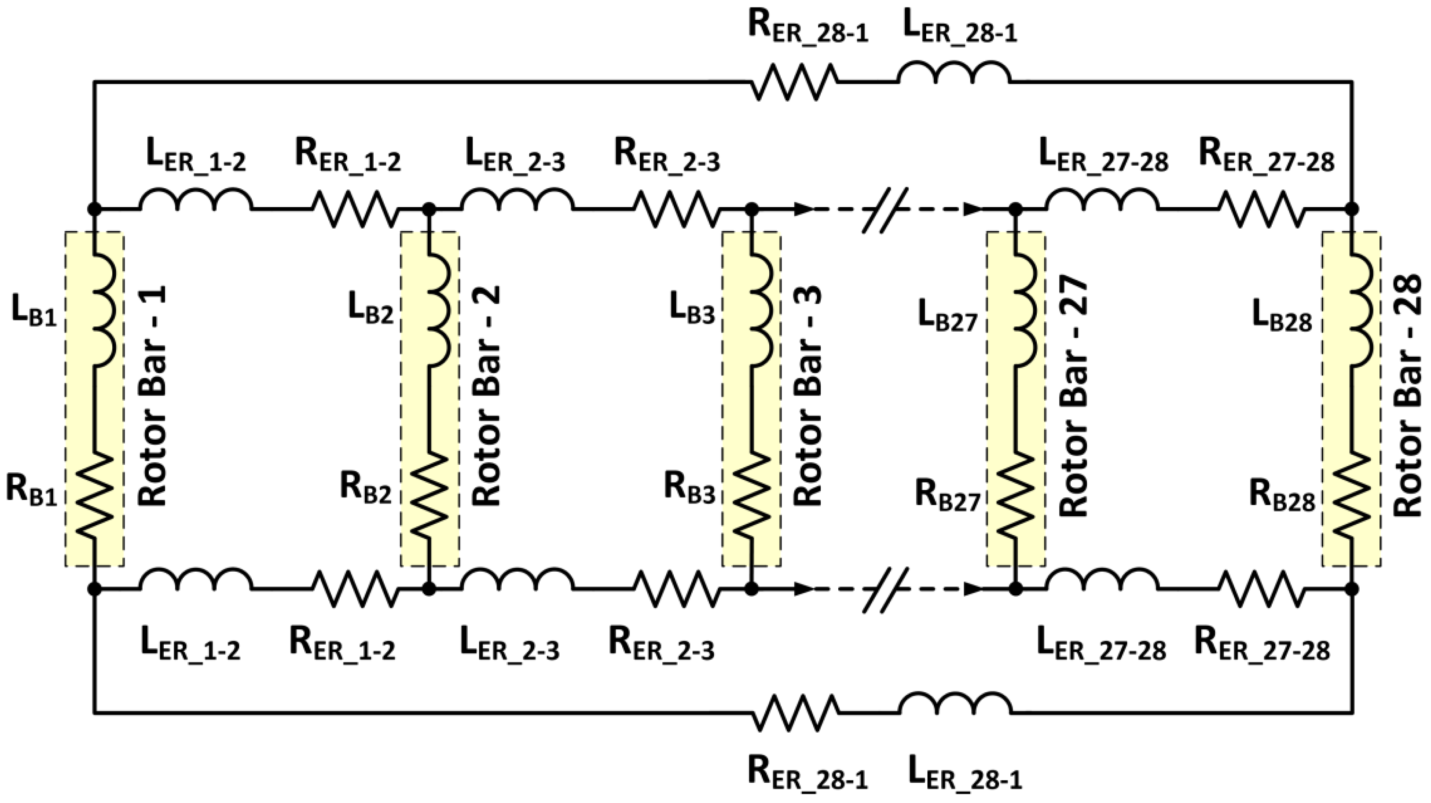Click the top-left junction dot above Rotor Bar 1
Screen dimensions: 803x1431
pos(95,209)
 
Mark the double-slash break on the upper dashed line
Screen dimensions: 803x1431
pos(885,209)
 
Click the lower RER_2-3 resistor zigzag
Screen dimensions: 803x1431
pos(675,589)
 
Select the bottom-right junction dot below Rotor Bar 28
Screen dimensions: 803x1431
pos(1352,589)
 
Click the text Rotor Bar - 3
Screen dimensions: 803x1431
pos(808,397)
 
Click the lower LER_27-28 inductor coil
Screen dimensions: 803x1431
pos(1103,581)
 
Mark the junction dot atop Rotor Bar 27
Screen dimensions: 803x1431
pos(1016,209)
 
